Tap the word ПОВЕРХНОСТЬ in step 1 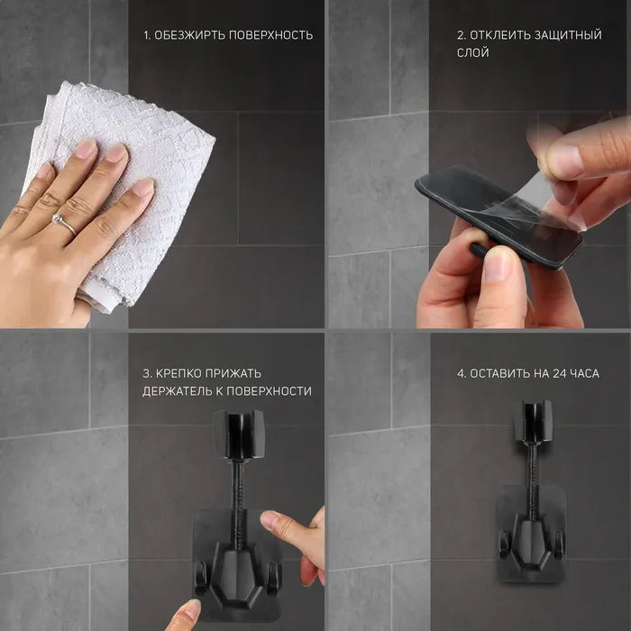270,35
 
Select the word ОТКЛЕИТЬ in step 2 500,35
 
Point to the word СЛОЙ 473,52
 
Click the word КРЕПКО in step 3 178,373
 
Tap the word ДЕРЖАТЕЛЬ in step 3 177,391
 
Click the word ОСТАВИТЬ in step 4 499,373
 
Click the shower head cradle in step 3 239,434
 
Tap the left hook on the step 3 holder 201,578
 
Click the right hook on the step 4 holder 558,544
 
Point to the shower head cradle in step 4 533,421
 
